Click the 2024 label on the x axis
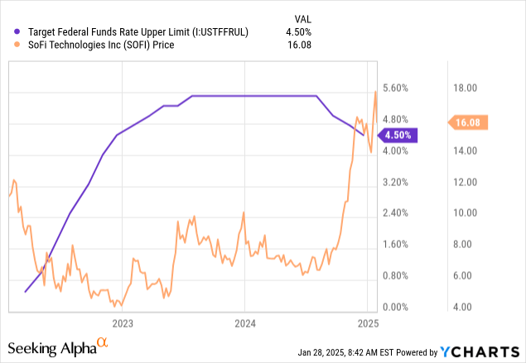tap(245, 322)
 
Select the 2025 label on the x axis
tap(368, 322)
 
